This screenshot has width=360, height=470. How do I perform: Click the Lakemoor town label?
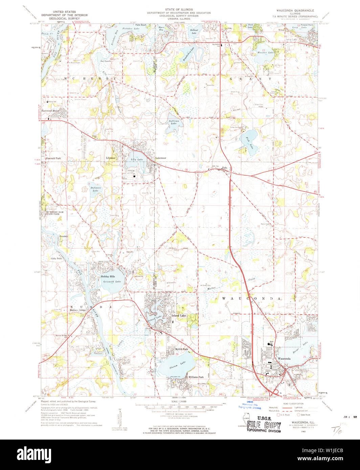[161, 158]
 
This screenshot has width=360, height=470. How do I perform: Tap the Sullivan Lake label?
[173, 122]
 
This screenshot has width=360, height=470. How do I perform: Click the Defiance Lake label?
[95, 189]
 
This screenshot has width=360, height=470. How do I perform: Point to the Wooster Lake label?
[266, 53]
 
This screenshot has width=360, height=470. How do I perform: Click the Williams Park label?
[196, 377]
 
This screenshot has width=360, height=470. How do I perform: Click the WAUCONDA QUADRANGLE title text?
[295, 10]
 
